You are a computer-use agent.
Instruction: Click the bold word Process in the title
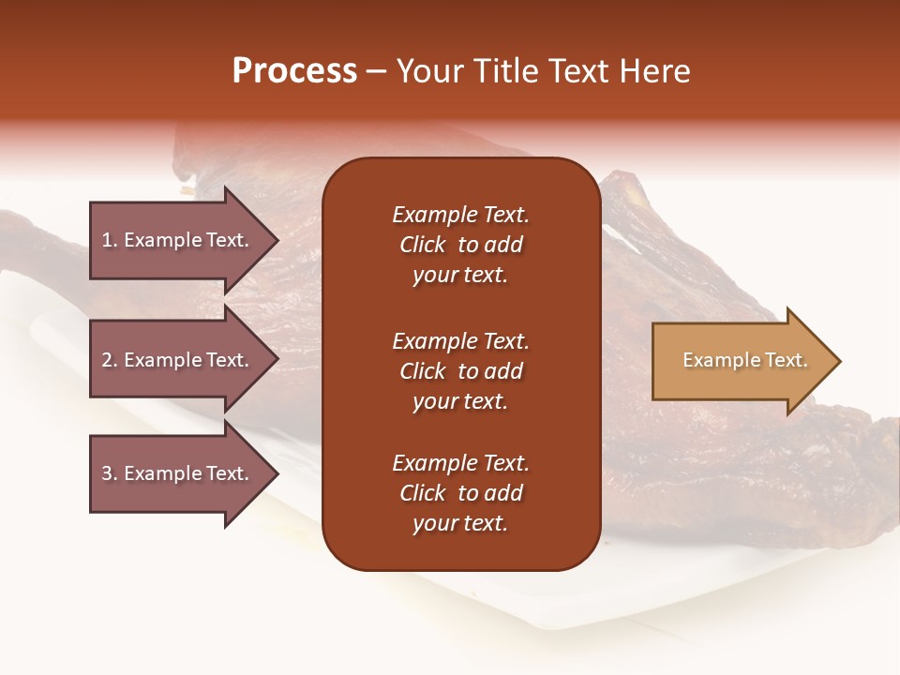[x=294, y=71]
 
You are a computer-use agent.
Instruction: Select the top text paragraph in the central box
[x=460, y=245]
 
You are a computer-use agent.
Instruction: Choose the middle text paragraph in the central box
[x=460, y=371]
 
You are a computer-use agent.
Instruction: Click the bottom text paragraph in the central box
[x=460, y=493]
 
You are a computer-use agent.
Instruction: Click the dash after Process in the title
[x=376, y=72]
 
